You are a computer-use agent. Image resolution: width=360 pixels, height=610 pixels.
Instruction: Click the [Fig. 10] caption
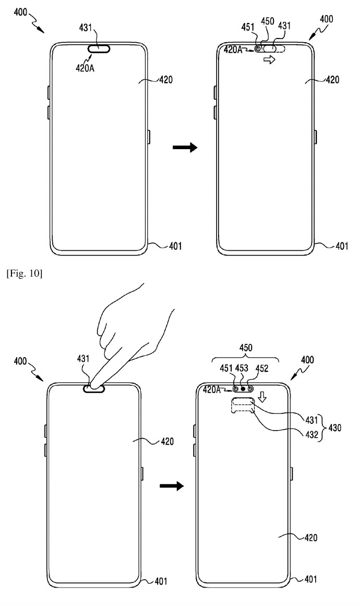24,274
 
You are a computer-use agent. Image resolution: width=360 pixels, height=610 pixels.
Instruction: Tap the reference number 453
242,368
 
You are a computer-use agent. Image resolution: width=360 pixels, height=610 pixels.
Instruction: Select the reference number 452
261,368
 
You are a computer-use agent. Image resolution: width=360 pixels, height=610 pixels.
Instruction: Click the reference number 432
313,434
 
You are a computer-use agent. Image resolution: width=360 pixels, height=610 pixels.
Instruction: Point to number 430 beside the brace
335,428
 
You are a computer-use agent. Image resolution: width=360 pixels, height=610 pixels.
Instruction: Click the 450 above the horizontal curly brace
246,347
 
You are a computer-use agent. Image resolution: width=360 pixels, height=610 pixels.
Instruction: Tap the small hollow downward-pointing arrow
263,397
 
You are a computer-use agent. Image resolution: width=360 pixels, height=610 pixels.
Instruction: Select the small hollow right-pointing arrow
269,59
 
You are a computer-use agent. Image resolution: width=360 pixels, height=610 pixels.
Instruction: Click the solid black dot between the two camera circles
243,388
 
